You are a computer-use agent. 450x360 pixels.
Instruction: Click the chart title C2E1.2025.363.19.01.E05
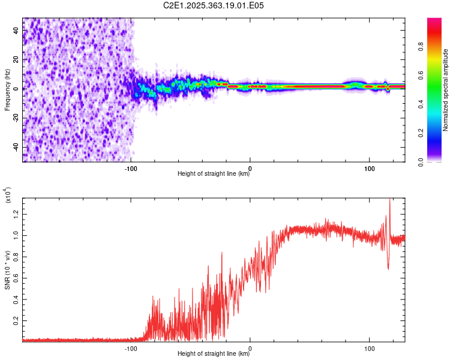pyautogui.click(x=214, y=5)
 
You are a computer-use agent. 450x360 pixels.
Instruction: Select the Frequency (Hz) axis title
pyautogui.click(x=7, y=90)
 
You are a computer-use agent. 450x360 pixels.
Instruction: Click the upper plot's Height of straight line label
pyautogui.click(x=214, y=174)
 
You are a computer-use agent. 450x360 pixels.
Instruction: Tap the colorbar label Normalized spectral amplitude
pyautogui.click(x=445, y=90)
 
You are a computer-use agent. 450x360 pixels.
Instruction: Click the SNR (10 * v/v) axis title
pyautogui.click(x=7, y=270)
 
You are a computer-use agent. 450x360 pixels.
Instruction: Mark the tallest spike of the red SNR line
pyautogui.click(x=389, y=200)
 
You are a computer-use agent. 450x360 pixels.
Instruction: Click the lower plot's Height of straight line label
pyautogui.click(x=214, y=354)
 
